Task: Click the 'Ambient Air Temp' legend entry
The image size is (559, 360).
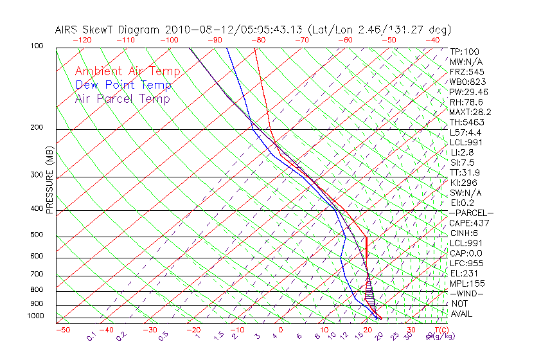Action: pos(127,71)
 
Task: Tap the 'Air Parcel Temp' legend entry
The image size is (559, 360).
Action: pos(122,98)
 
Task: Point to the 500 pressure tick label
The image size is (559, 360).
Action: pos(36,235)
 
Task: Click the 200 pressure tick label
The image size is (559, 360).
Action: pos(36,128)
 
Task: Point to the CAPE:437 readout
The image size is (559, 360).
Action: pos(470,223)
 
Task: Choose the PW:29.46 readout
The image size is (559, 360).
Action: pos(468,92)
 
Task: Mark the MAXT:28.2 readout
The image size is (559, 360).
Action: pos(470,112)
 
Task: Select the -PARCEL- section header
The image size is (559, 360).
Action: pos(471,213)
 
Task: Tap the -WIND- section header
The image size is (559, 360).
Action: pos(467,293)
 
